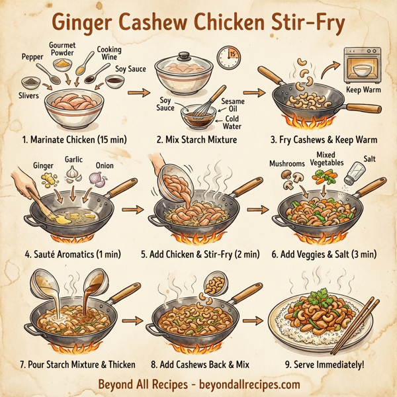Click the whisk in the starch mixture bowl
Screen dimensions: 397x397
(205, 106)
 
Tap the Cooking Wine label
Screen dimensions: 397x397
(109, 54)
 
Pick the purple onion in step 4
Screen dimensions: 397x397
(99, 179)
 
